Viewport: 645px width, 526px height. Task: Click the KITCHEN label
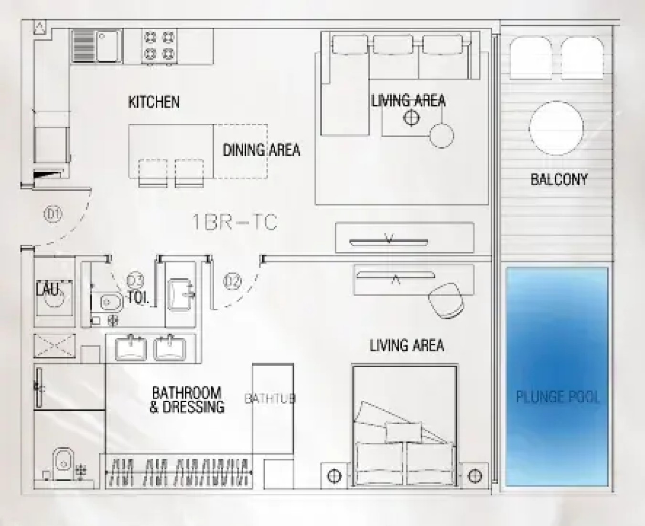(154, 102)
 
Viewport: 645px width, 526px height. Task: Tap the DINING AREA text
(262, 150)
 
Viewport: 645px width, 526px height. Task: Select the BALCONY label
(559, 179)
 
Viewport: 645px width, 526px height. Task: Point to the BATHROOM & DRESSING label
(187, 400)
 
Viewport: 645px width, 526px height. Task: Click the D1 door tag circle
(54, 214)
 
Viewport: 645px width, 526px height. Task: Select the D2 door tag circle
(232, 281)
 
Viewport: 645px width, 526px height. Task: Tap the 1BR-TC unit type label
(235, 222)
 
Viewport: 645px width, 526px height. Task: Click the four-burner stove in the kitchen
(159, 45)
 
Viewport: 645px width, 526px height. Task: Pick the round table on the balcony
(556, 128)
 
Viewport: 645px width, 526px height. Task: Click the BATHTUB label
(270, 399)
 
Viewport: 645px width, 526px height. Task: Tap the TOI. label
(138, 298)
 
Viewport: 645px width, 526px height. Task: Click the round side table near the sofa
(442, 135)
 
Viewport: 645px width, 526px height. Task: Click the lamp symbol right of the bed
(474, 475)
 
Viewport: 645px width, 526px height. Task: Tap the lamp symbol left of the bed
(334, 475)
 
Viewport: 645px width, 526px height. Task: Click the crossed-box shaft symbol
(54, 345)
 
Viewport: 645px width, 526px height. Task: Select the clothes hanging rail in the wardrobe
(179, 472)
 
